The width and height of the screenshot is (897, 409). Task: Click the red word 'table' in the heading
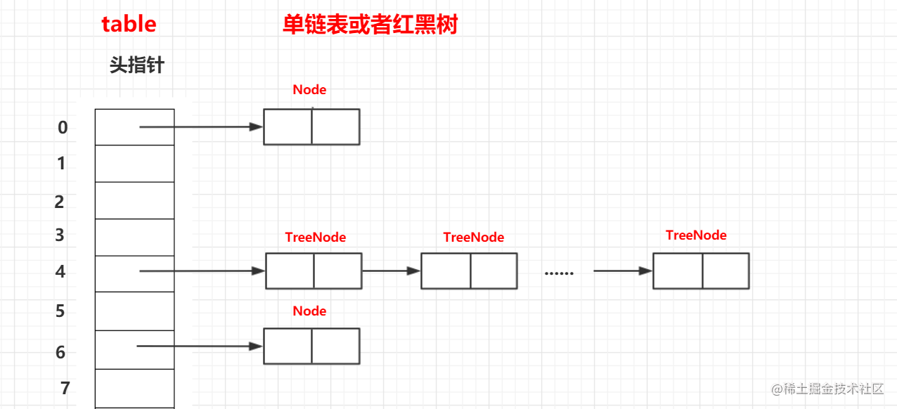point(129,24)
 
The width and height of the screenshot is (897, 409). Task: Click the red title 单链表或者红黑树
point(370,25)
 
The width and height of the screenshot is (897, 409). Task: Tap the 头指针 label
point(137,66)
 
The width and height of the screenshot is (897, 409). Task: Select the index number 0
point(63,127)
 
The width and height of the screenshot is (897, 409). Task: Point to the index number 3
point(60,235)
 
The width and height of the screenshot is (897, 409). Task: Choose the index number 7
point(65,387)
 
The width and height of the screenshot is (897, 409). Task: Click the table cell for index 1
point(134,164)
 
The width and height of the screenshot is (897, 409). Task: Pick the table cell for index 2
point(134,200)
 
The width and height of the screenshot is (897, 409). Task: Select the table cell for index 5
point(134,311)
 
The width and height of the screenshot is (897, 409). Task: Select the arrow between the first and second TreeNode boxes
point(391,271)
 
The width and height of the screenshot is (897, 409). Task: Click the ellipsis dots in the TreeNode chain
point(559,273)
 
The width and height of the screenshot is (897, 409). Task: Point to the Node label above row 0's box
point(310,89)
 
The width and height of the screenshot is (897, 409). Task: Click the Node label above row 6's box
point(310,311)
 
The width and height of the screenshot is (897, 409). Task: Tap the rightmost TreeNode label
point(696,235)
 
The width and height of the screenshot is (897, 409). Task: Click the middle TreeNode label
point(474,237)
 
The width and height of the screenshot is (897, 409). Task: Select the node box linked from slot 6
point(311,346)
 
